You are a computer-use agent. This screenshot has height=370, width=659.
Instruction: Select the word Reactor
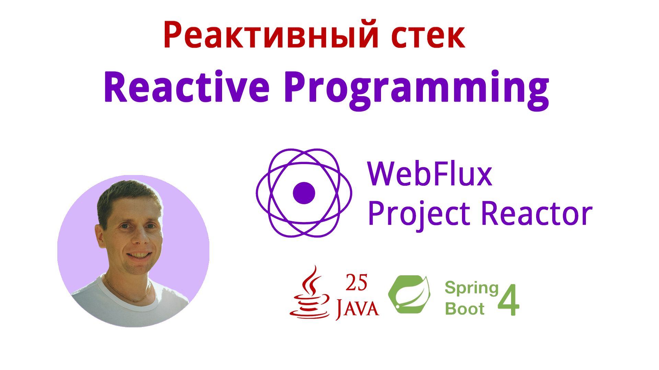click(537, 213)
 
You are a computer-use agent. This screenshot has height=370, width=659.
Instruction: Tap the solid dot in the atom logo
click(304, 193)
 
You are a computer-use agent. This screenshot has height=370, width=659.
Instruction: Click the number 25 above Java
click(356, 283)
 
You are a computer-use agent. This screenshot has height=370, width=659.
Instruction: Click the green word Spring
click(471, 288)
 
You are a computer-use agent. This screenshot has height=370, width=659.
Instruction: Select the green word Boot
click(464, 309)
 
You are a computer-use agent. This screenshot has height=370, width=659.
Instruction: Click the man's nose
click(140, 237)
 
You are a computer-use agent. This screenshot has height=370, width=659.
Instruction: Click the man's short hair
click(127, 196)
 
